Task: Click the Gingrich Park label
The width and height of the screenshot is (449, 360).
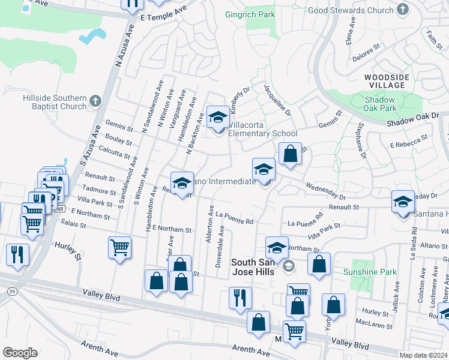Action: click(249, 14)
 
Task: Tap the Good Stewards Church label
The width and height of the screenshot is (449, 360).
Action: click(351, 10)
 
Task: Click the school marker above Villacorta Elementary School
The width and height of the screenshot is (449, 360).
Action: click(217, 117)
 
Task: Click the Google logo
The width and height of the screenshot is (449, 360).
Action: click(20, 353)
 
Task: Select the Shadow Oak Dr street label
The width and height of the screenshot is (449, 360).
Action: click(414, 119)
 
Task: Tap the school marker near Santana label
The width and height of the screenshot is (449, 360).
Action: click(403, 202)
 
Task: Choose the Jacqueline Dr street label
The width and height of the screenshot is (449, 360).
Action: click(277, 100)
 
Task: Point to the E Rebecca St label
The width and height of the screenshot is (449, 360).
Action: click(409, 140)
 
